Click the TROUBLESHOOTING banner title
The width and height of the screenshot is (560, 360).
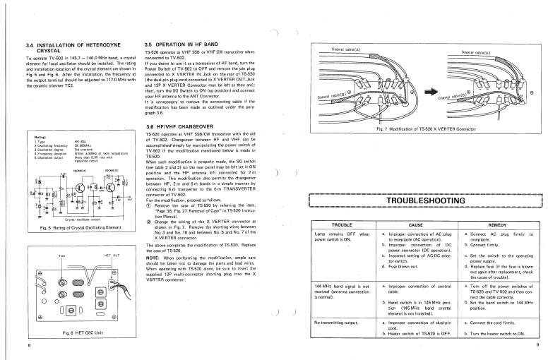pos(426,200)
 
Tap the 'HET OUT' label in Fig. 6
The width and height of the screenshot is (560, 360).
pos(112,252)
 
